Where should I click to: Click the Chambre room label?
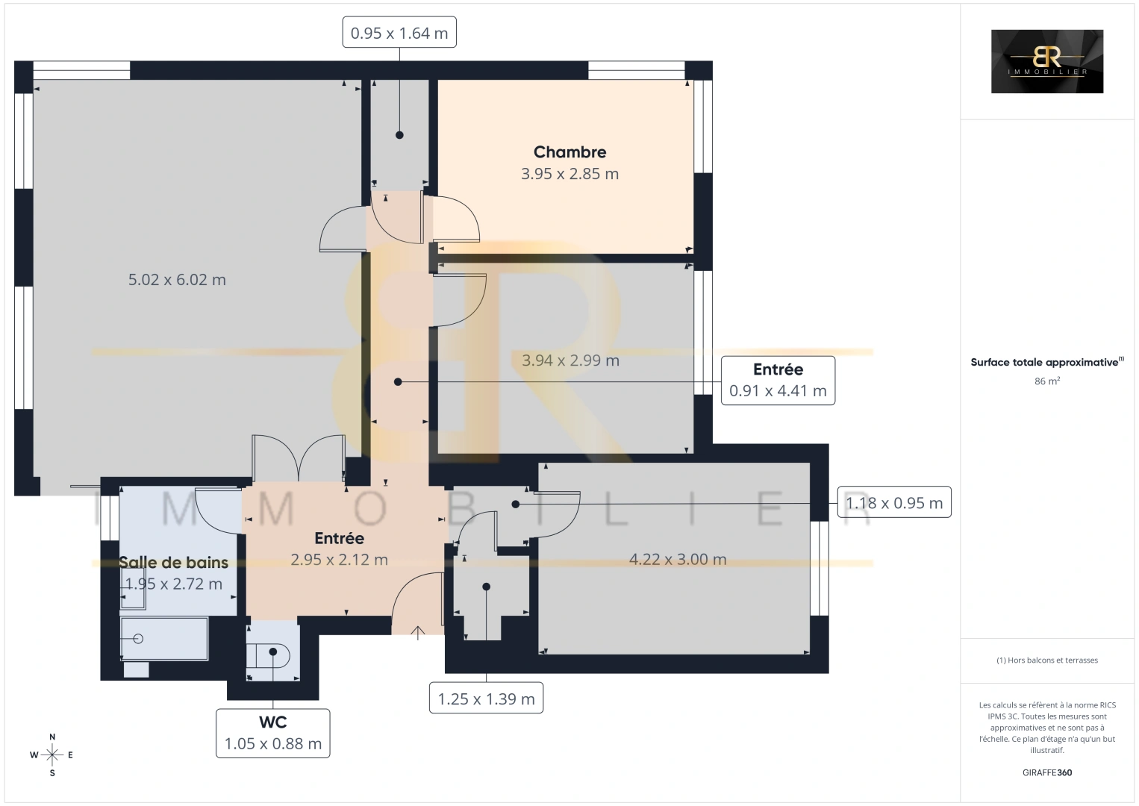click(x=569, y=152)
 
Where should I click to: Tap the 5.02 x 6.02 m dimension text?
click(x=177, y=280)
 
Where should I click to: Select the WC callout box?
click(x=273, y=734)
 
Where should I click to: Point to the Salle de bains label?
click(x=173, y=563)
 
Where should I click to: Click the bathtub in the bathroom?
click(x=164, y=639)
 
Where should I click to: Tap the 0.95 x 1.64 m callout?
click(x=399, y=32)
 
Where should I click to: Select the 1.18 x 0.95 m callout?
click(x=894, y=502)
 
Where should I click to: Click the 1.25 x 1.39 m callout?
click(x=486, y=699)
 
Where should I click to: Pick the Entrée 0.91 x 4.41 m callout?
click(x=778, y=381)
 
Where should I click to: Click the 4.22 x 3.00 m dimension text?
click(x=678, y=560)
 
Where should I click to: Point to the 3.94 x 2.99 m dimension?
click(x=570, y=360)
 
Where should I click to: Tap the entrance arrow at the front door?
click(x=417, y=633)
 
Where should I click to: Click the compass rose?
click(x=52, y=755)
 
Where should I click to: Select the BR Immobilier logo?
click(x=1047, y=61)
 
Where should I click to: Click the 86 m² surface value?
click(x=1047, y=381)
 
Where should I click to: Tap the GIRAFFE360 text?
click(x=1047, y=772)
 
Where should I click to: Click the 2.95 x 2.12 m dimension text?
click(x=339, y=560)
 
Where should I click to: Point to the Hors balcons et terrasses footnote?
click(x=1047, y=660)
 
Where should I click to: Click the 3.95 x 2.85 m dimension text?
click(x=569, y=174)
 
